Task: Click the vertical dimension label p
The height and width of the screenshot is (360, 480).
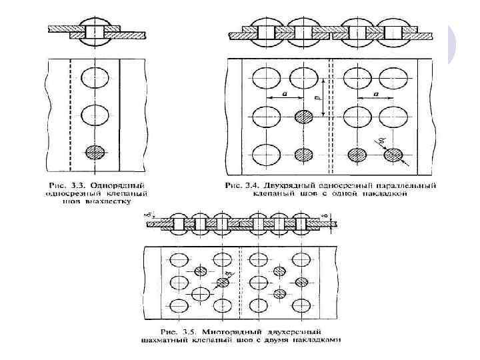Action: pos(319,99)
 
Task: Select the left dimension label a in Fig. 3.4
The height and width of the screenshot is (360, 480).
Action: pos(285,95)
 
